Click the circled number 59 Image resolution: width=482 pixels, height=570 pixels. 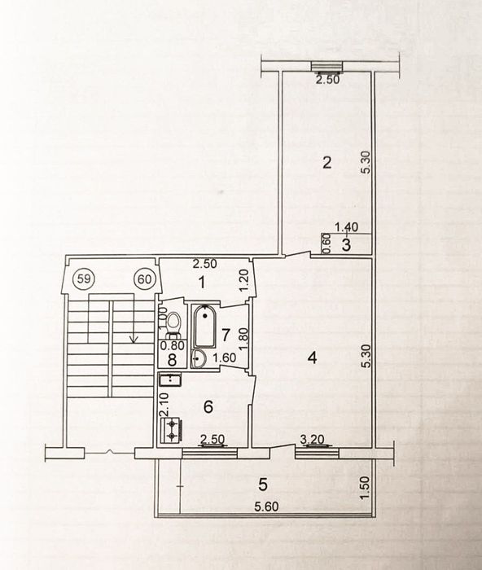[83, 278]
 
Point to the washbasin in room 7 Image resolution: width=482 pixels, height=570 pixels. [199, 356]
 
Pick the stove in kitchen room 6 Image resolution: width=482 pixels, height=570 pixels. [173, 431]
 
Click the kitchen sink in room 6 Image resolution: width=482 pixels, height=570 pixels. [171, 379]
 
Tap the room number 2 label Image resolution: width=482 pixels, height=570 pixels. [326, 162]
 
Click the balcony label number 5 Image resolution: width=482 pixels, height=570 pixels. [261, 484]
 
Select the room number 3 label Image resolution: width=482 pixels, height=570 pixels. [345, 244]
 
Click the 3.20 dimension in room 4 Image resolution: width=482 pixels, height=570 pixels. [313, 441]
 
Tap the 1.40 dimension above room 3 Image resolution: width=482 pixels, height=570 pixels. [345, 230]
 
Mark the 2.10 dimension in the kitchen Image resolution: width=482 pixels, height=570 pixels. [163, 403]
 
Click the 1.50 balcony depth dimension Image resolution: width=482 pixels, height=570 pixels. [366, 487]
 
